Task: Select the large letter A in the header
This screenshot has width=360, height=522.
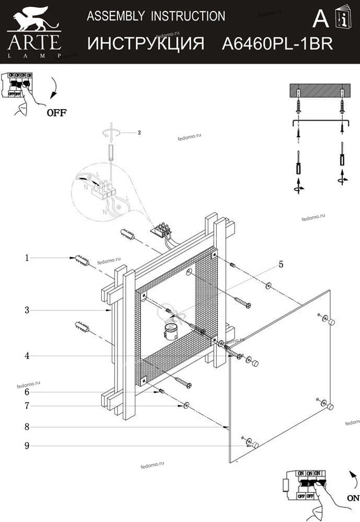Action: [x=320, y=19]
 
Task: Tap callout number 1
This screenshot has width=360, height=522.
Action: [x=26, y=257]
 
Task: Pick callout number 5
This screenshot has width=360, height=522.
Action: [x=281, y=265]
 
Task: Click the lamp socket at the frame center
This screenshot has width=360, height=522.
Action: [x=170, y=330]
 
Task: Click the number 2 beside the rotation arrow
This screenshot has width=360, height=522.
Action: [x=140, y=133]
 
